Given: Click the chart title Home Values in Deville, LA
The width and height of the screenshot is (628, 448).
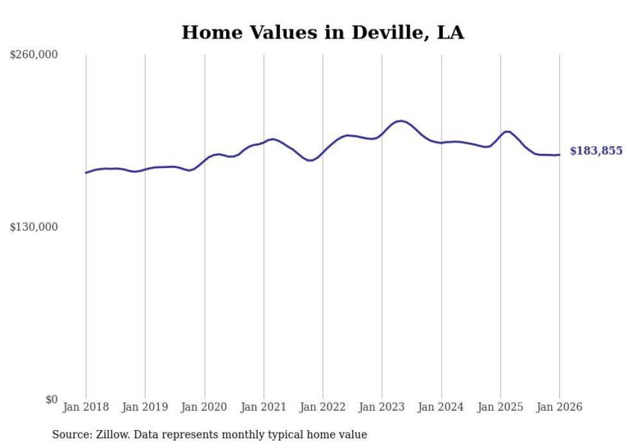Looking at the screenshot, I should point(322,33).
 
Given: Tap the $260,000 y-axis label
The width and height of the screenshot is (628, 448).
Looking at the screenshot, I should point(33,55).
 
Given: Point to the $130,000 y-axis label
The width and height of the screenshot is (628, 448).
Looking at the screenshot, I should point(33,227).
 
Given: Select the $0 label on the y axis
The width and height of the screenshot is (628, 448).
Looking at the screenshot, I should point(51,399).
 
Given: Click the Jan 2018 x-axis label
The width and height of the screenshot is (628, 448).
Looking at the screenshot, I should point(86,407).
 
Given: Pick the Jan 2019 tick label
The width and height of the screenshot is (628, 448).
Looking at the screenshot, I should point(145,407).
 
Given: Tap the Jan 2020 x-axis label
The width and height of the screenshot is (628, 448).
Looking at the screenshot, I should point(204,407).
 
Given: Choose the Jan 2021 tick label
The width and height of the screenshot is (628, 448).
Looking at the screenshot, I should point(263,407).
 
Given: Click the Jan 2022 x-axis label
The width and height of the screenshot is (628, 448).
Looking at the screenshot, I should point(322,407).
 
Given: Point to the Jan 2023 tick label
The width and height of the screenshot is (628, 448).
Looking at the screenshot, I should point(382,407).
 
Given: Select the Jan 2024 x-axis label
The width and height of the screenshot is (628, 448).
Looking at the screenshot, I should point(441,407).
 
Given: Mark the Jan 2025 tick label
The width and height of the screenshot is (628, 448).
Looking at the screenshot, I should point(500,407).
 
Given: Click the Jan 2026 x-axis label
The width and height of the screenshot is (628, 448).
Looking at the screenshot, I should point(559,407).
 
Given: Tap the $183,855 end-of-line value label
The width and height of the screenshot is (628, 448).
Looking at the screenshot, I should point(596,151).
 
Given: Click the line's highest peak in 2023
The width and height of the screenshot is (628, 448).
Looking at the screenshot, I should point(400,120).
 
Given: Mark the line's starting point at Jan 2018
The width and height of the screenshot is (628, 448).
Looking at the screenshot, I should point(86,172).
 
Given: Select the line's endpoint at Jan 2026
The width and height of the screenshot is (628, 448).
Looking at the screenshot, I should point(559,154).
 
